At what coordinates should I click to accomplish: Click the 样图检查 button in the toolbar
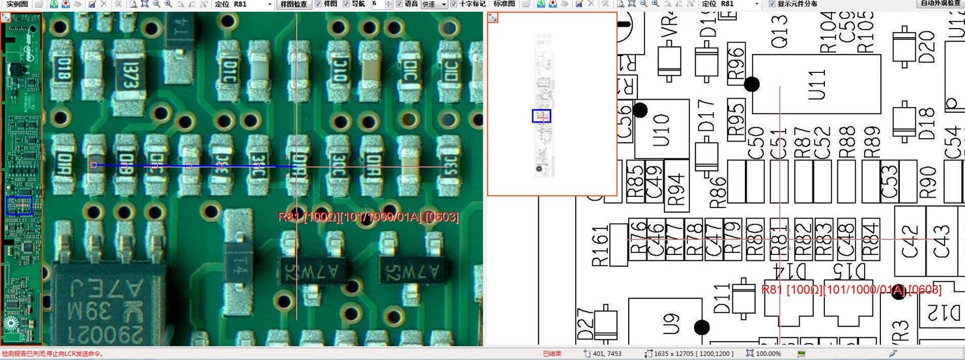click(x=293, y=4)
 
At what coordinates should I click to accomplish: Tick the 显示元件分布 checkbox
click(x=772, y=4)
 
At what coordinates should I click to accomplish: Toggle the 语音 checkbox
click(x=399, y=4)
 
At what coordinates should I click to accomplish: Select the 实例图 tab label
click(x=17, y=4)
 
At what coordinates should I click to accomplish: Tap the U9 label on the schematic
click(x=672, y=324)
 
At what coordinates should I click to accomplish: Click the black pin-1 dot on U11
click(x=751, y=84)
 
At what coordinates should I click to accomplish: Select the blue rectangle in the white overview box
click(x=541, y=116)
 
